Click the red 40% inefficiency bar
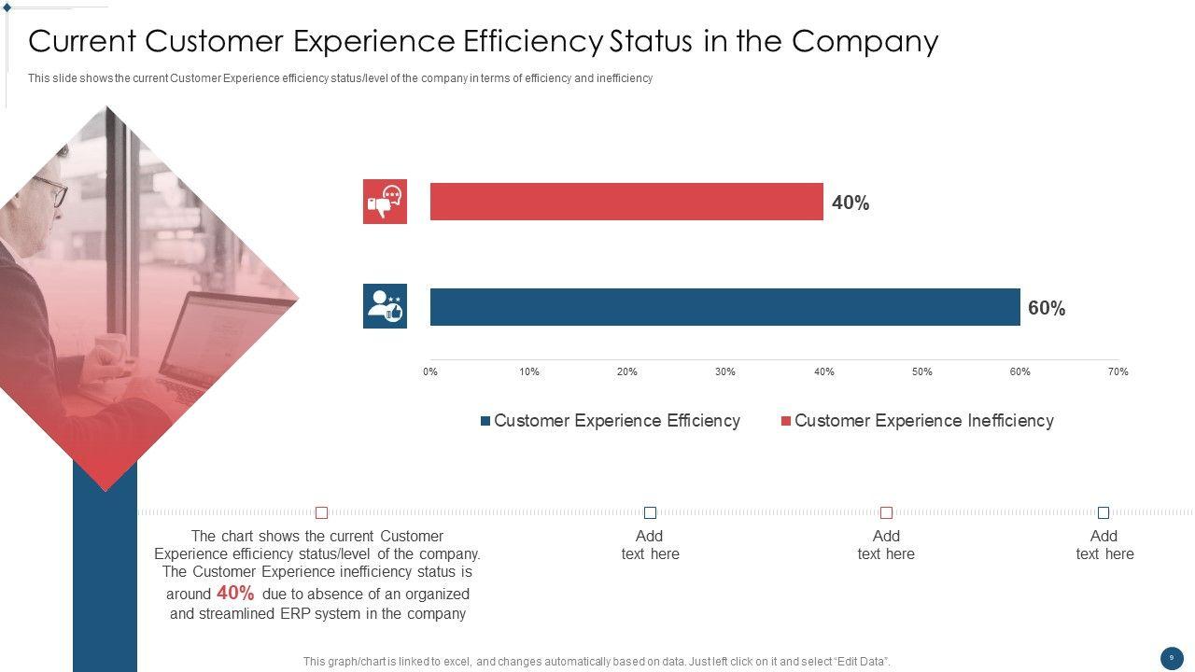[x=626, y=202]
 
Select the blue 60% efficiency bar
[x=724, y=307]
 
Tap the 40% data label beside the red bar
[x=851, y=203]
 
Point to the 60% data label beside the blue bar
[x=1047, y=308]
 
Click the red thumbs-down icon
[x=385, y=202]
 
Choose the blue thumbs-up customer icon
[x=385, y=306]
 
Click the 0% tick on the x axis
[x=430, y=371]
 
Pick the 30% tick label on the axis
[x=725, y=371]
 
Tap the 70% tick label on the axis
[x=1118, y=371]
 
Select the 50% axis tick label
[x=921, y=371]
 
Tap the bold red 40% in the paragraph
[x=235, y=593]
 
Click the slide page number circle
[x=1172, y=658]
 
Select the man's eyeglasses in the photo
[x=53, y=190]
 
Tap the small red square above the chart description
[x=322, y=512]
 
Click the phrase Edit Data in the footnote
[x=859, y=662]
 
